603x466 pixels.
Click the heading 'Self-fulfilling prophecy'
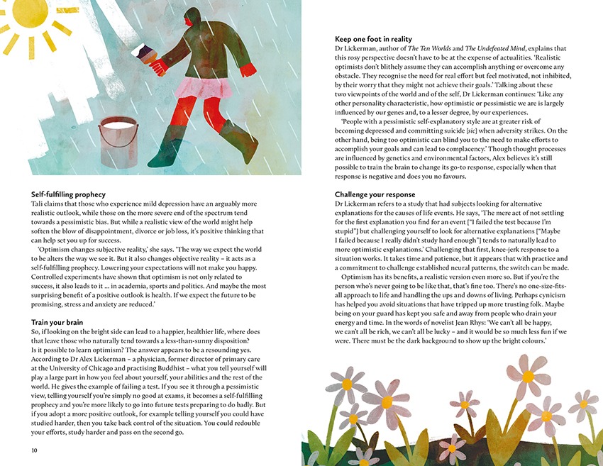coord(68,194)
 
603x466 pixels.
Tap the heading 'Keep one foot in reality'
coord(373,38)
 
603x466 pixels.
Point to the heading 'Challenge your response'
coord(375,194)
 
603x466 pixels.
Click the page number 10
coord(35,450)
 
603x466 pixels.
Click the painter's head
coord(192,18)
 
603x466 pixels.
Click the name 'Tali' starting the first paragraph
coord(38,204)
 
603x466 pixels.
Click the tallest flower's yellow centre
coord(528,376)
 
